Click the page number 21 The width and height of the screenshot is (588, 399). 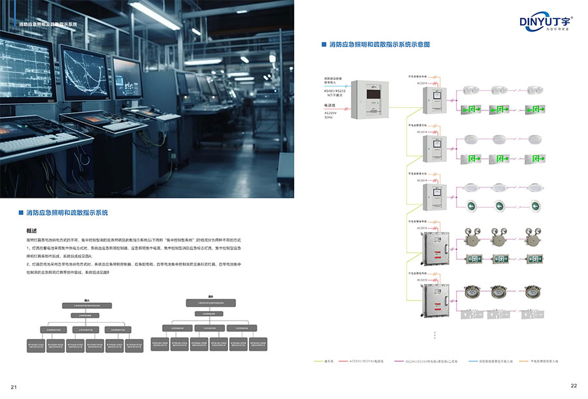point(13,387)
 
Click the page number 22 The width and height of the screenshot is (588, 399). point(574,385)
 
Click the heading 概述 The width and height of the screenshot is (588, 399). point(31,231)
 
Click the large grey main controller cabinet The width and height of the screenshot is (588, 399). point(370,99)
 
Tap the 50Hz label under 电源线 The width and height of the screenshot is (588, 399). point(328,117)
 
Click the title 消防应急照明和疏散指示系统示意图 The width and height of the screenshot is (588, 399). point(379,44)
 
